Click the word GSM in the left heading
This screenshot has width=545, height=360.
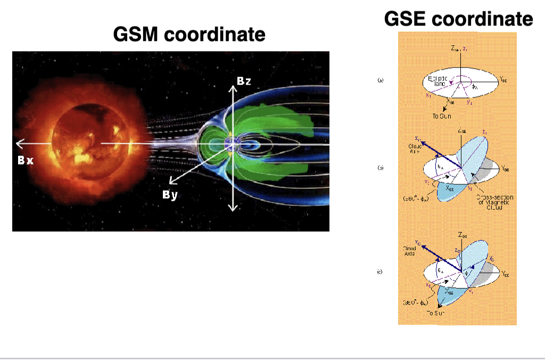[136, 35]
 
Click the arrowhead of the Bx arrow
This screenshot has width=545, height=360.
[19, 143]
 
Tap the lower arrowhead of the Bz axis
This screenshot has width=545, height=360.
[232, 208]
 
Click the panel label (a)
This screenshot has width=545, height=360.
[380, 80]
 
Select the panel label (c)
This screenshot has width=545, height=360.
[380, 272]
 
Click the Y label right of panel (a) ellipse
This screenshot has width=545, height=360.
[503, 77]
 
